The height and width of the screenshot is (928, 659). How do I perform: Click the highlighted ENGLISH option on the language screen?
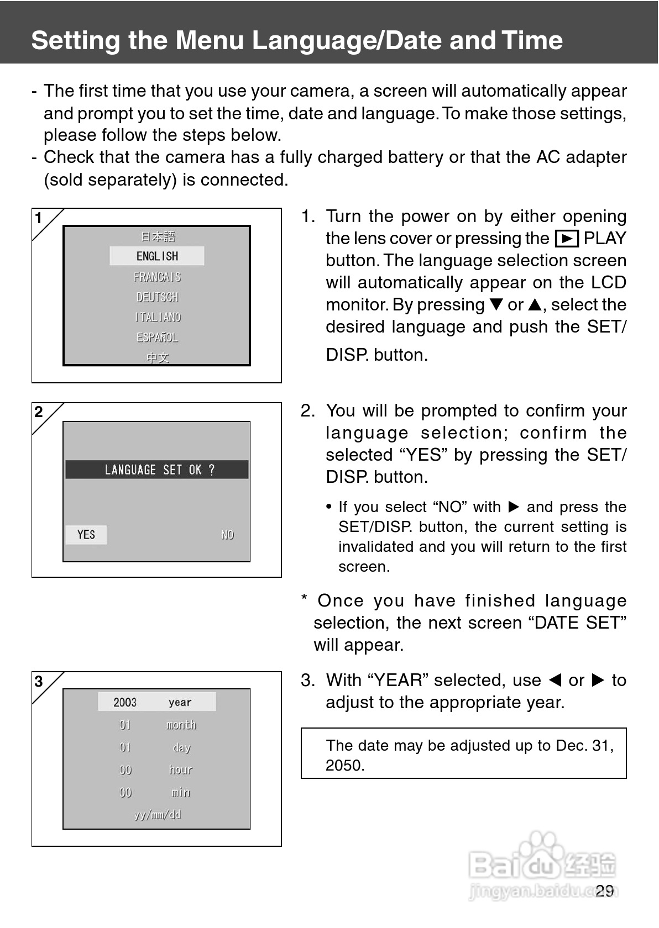pyautogui.click(x=157, y=256)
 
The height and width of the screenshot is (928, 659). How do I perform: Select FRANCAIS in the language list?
pyautogui.click(x=157, y=277)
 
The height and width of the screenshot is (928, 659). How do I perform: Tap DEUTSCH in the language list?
pyautogui.click(x=157, y=297)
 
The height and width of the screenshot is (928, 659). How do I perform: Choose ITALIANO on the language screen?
pyautogui.click(x=158, y=317)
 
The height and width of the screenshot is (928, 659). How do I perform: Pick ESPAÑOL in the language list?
pyautogui.click(x=157, y=338)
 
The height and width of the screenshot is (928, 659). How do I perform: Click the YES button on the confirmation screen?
pyautogui.click(x=86, y=535)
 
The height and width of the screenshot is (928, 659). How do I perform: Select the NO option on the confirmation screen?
pyautogui.click(x=227, y=535)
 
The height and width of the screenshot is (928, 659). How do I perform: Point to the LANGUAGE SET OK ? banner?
pyautogui.click(x=157, y=470)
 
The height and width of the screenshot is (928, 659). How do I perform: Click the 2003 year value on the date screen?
pyautogui.click(x=125, y=702)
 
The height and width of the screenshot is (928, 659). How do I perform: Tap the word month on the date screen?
pyautogui.click(x=181, y=725)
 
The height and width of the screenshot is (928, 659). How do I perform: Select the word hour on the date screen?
pyautogui.click(x=181, y=769)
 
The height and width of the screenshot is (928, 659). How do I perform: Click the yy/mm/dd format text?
pyautogui.click(x=158, y=815)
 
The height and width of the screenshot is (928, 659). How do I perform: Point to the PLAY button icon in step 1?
pyautogui.click(x=566, y=239)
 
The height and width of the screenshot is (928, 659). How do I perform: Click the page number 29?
pyautogui.click(x=605, y=890)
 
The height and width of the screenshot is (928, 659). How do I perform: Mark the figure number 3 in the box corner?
pyautogui.click(x=39, y=682)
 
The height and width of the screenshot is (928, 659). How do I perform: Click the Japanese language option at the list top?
pyautogui.click(x=158, y=236)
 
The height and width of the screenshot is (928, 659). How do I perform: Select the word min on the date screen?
pyautogui.click(x=181, y=792)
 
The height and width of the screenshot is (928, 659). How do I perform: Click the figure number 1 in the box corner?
pyautogui.click(x=39, y=218)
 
